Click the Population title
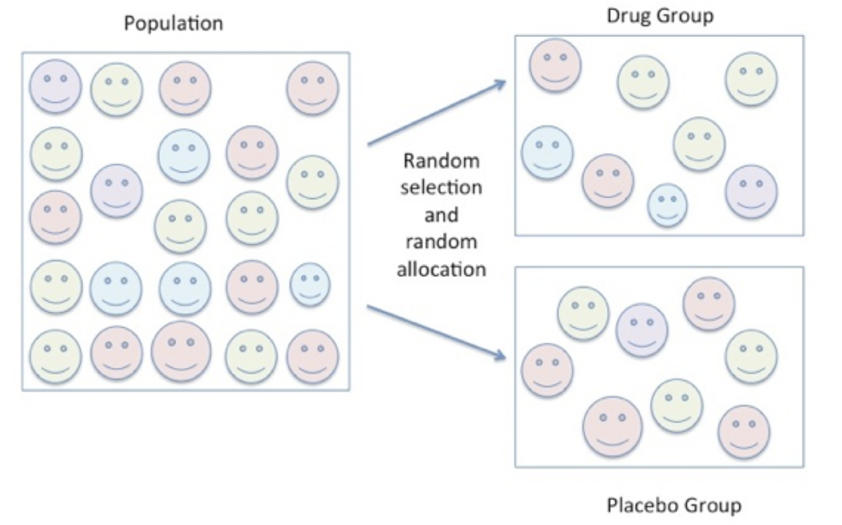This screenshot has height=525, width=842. click(x=173, y=23)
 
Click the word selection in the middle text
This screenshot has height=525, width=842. click(x=441, y=187)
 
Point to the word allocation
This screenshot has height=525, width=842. click(x=441, y=269)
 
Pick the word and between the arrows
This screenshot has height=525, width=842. click(x=441, y=215)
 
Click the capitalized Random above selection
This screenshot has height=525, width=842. click(x=441, y=160)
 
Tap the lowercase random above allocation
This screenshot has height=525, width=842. click(x=441, y=242)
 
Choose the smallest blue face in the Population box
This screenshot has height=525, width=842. click(x=310, y=283)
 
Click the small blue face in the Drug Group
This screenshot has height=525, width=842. click(x=667, y=205)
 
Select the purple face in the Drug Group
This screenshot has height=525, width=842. click(x=751, y=192)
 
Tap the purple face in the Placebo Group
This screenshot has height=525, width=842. click(x=642, y=330)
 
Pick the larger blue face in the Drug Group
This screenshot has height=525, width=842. click(x=548, y=152)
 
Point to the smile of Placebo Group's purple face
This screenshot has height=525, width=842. click(x=642, y=339)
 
